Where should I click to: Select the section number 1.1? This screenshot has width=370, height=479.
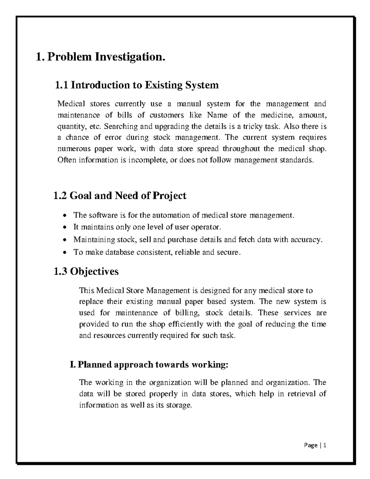point(61,85)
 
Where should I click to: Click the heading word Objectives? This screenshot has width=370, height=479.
point(94,271)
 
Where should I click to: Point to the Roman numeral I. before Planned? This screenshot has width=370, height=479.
point(72,365)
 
